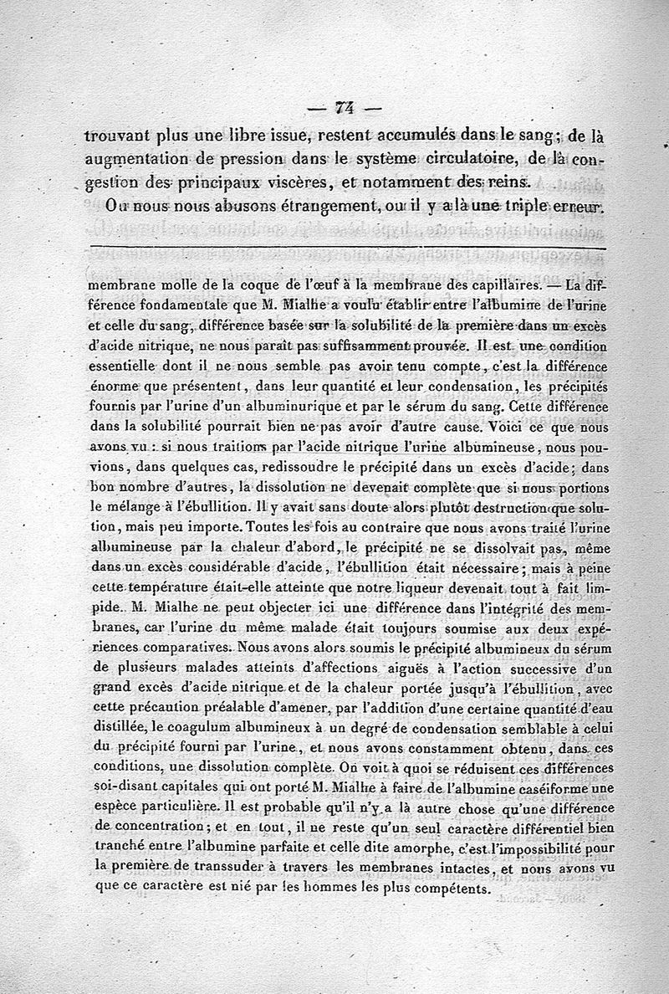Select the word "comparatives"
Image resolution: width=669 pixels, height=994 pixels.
(177, 647)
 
